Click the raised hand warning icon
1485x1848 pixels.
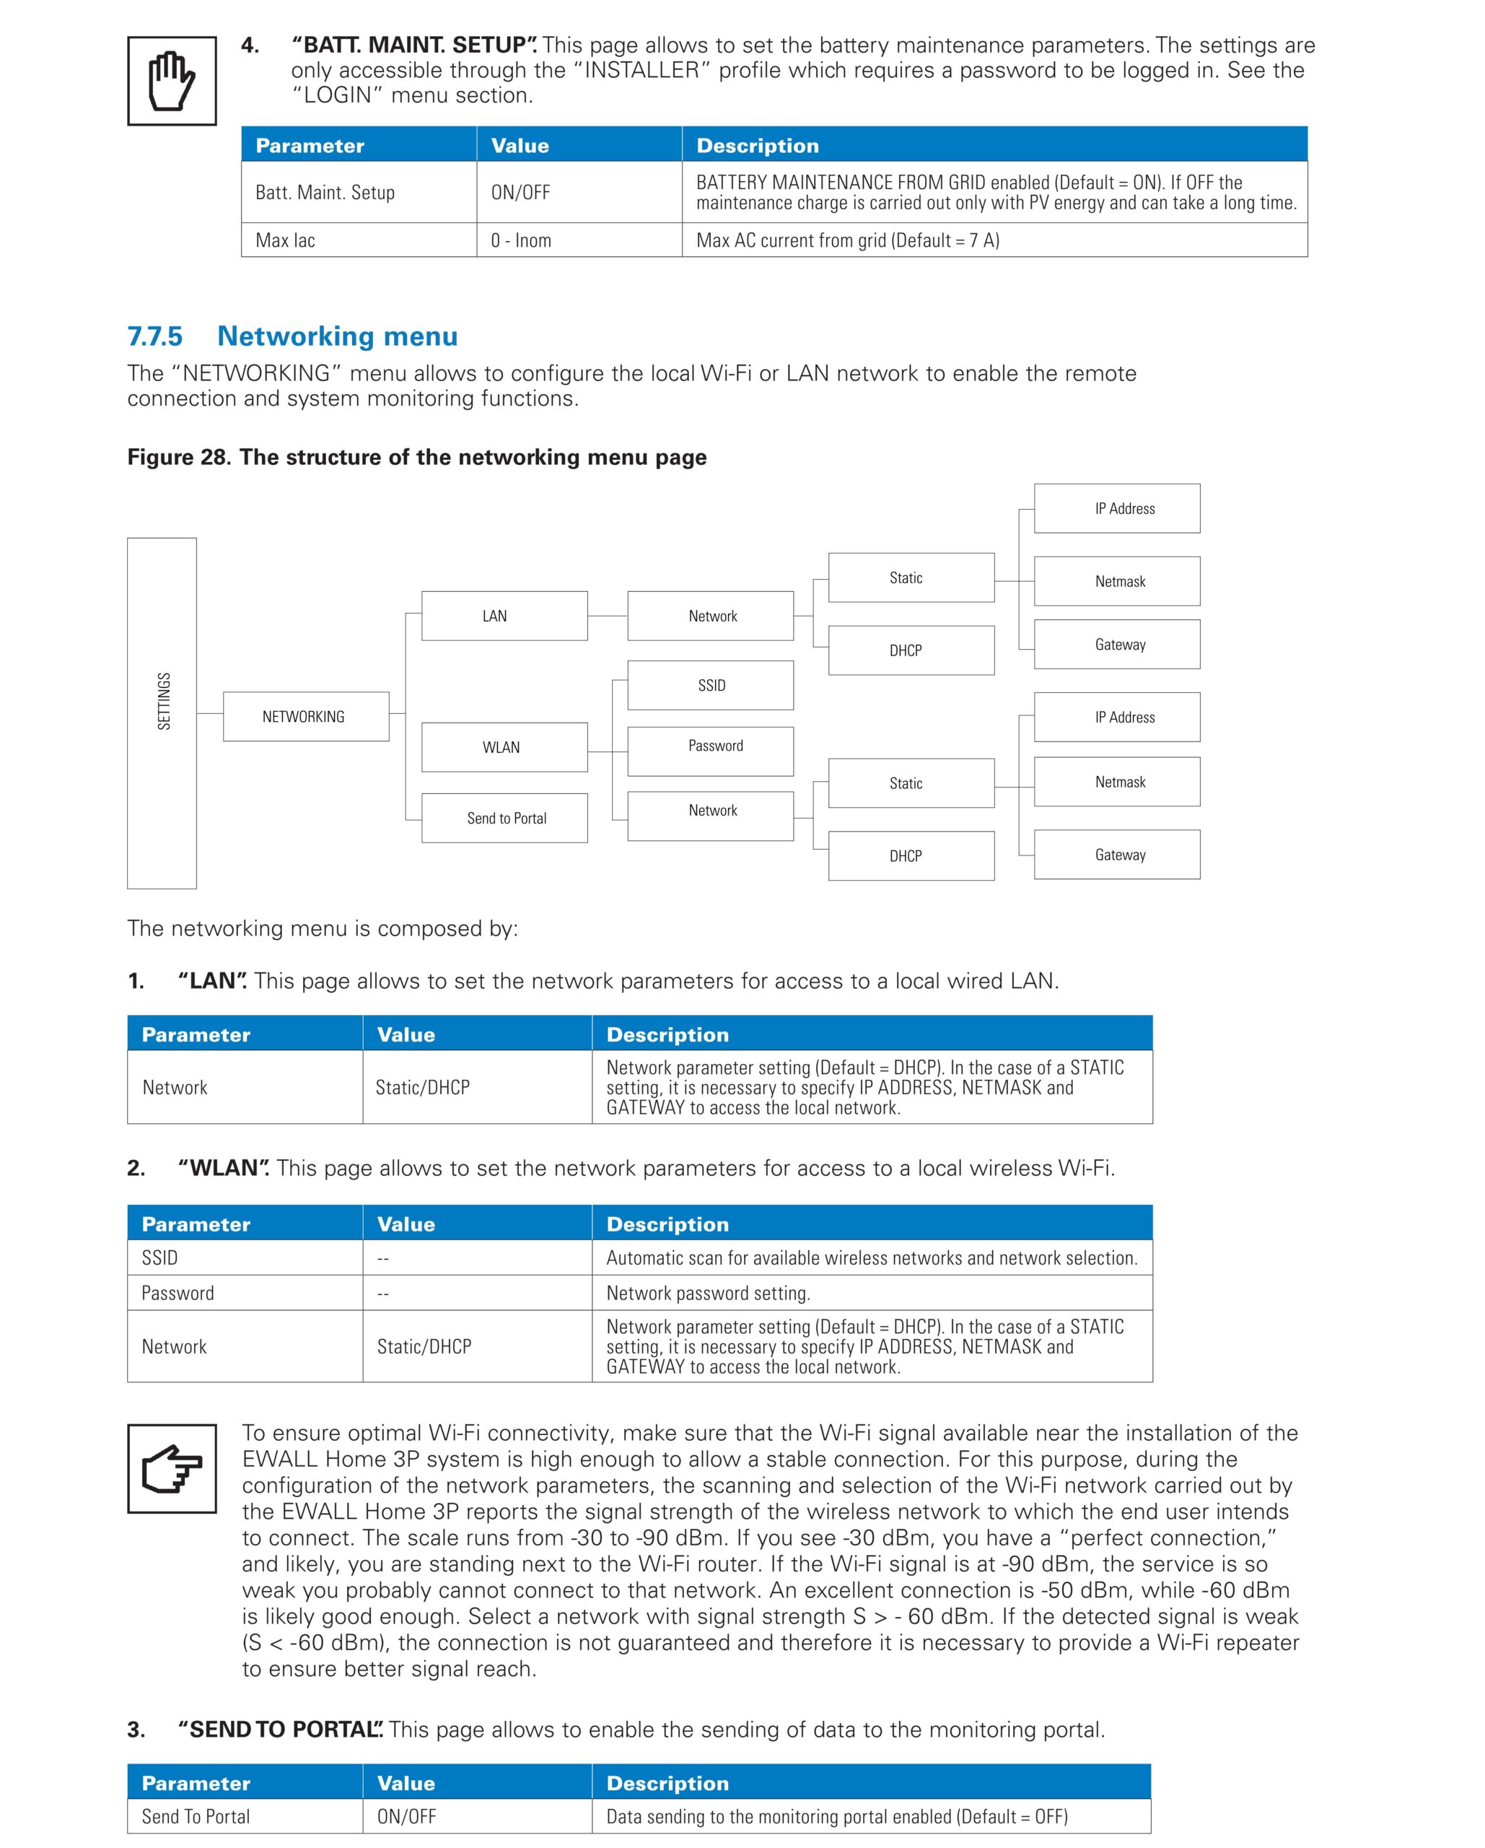coord(172,82)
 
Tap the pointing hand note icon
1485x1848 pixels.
coord(172,1468)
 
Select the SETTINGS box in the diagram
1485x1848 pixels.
coord(162,712)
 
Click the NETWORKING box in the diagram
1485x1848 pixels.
coord(306,717)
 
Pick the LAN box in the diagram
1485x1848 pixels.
coord(504,616)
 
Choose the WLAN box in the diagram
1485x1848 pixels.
coord(504,746)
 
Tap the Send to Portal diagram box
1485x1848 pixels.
coord(504,818)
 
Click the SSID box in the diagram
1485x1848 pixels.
coord(710,685)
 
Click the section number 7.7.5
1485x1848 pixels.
coord(155,336)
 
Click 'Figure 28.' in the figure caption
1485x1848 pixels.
coord(179,458)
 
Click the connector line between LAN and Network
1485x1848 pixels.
coord(608,616)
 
